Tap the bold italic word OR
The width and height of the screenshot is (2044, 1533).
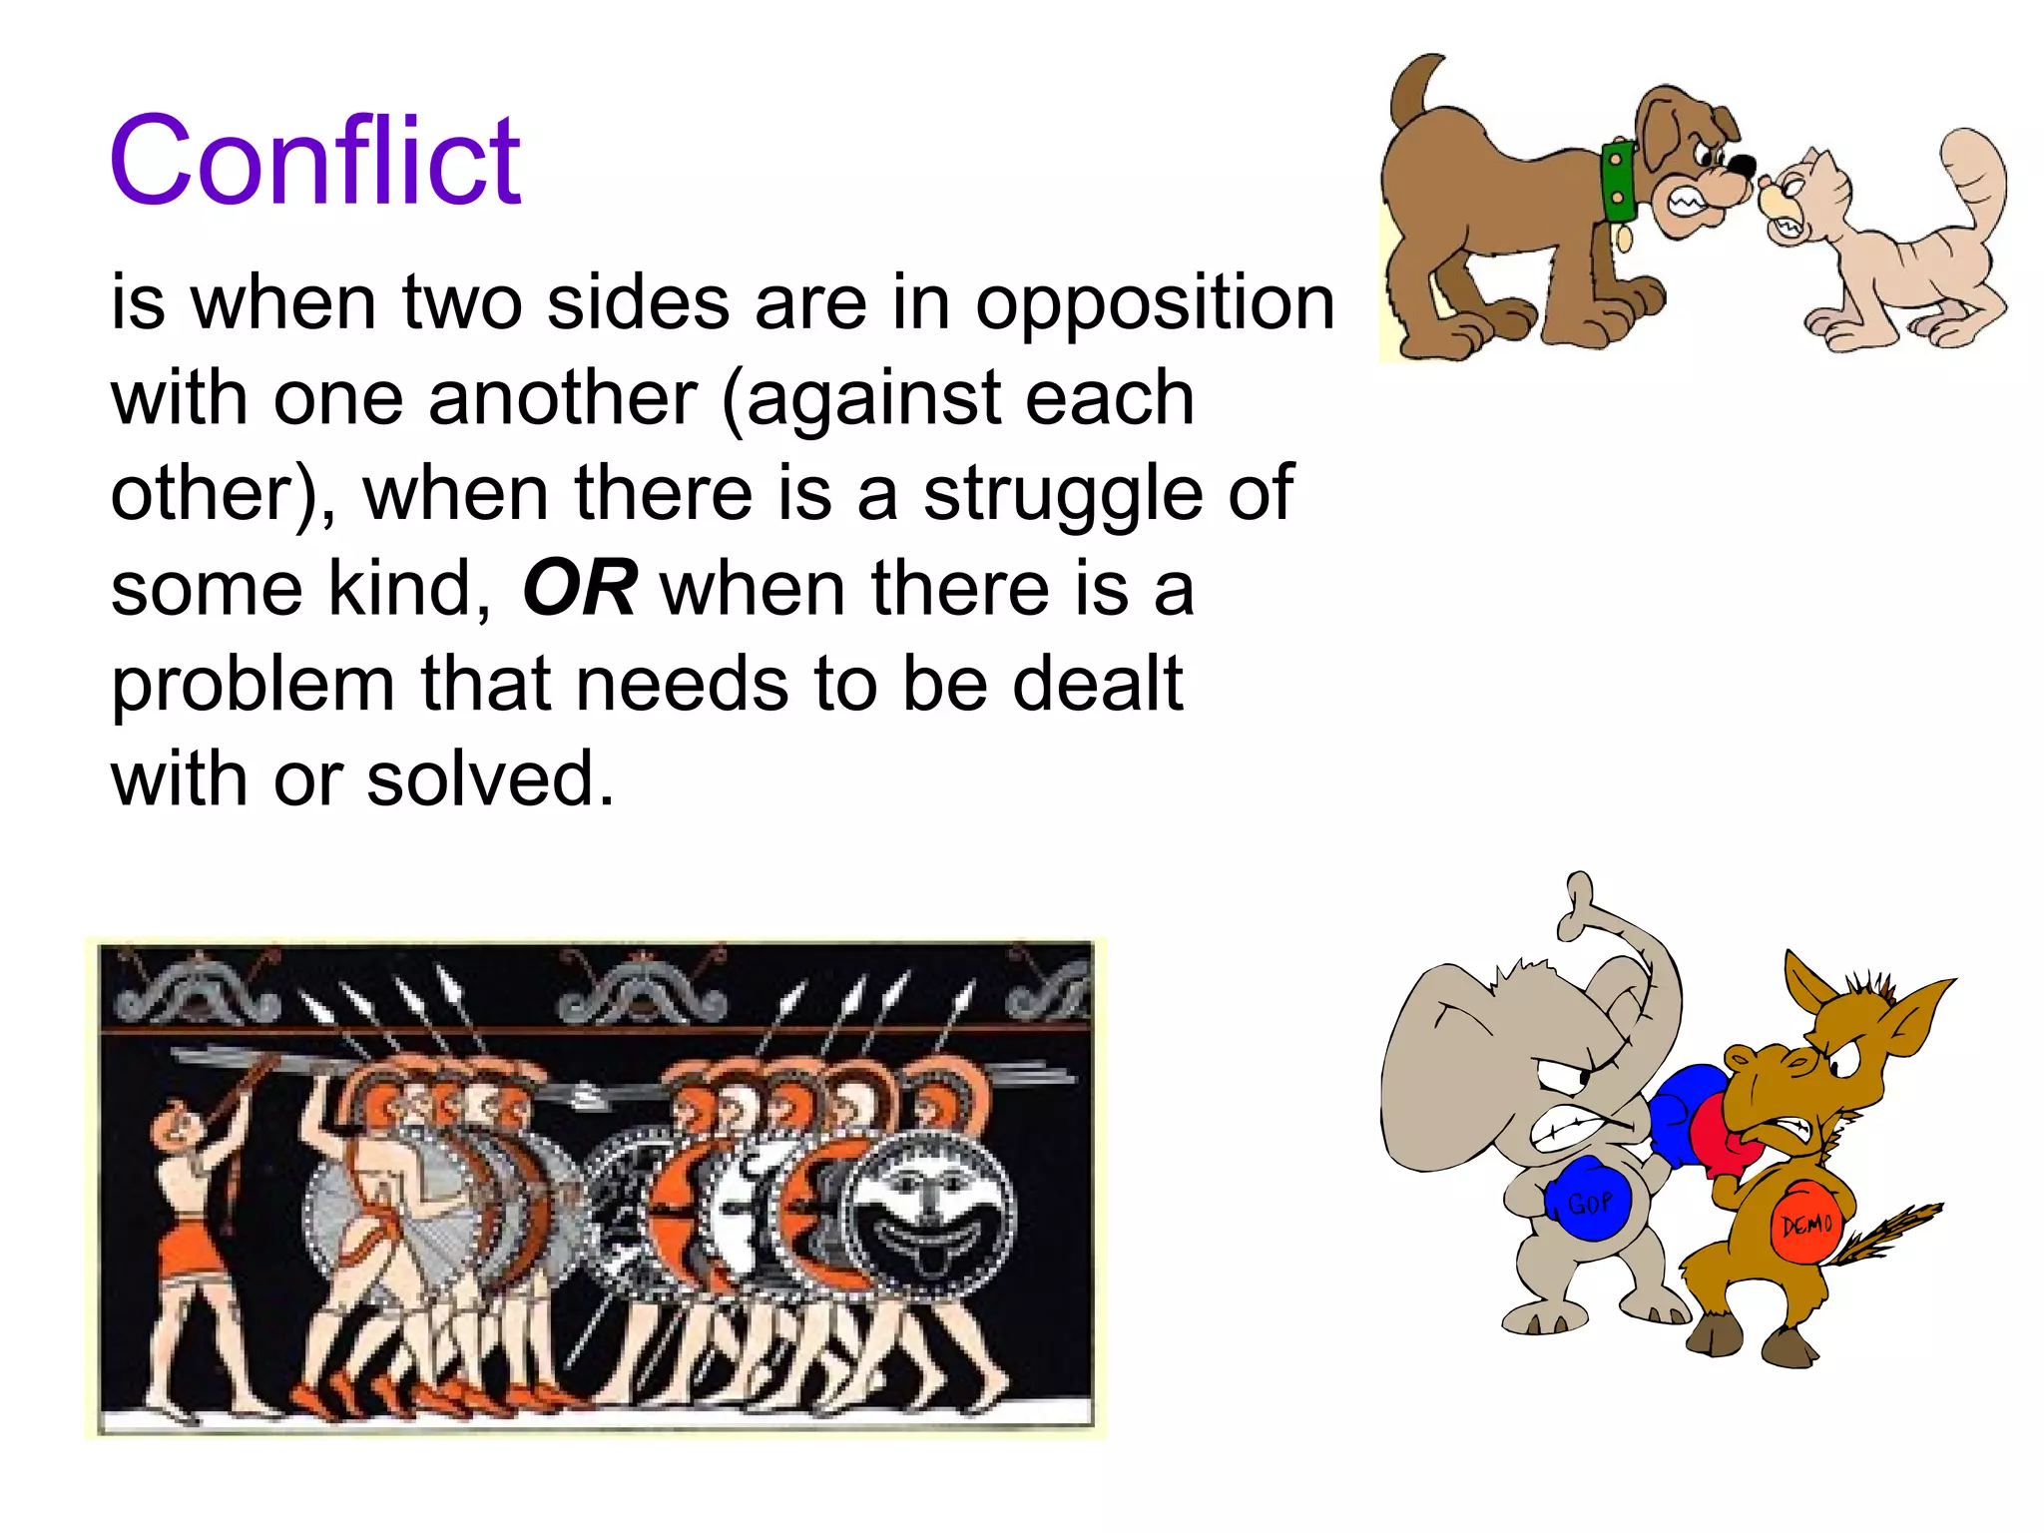click(x=580, y=588)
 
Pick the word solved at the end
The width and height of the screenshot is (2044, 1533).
click(x=490, y=779)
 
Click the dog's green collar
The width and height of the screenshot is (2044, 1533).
click(x=1618, y=181)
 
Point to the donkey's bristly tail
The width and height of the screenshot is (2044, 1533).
click(x=1886, y=1238)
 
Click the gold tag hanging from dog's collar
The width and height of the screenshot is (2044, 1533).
click(x=1624, y=238)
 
